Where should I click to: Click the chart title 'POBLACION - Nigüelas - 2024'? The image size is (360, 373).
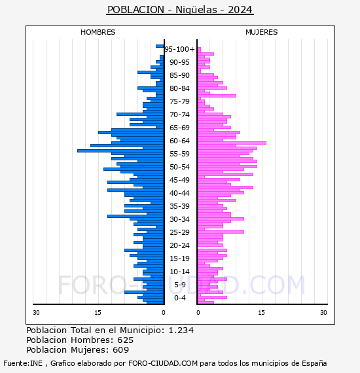(180, 10)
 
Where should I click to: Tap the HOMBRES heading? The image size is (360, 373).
(98, 32)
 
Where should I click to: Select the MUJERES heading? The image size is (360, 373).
(262, 32)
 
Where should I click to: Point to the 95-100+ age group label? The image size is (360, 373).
(179, 49)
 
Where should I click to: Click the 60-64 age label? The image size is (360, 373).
(179, 141)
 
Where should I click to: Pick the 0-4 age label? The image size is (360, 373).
(179, 298)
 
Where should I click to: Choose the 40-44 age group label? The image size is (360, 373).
(179, 193)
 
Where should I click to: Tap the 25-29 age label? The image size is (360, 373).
(179, 232)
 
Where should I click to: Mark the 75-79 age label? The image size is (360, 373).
(179, 101)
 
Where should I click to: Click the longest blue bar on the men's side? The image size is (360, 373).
(120, 151)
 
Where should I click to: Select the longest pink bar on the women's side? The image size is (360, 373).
(232, 143)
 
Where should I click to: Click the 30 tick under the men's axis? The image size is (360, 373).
(36, 312)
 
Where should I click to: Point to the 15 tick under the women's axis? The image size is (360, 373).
(261, 312)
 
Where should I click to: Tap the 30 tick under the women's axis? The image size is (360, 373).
(323, 312)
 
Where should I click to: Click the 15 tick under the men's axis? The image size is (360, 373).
(98, 312)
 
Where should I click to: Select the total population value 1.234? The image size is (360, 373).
(181, 330)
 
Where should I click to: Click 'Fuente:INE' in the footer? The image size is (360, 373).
(23, 363)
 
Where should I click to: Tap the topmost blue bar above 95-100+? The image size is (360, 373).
(160, 46)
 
